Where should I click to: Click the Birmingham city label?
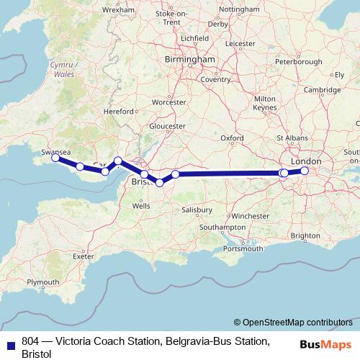[190, 59]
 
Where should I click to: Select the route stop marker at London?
[305, 171]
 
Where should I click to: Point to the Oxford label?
[232, 138]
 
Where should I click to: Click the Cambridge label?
[322, 89]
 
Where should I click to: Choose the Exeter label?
[84, 256]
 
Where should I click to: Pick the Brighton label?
[305, 235]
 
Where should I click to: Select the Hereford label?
[120, 112]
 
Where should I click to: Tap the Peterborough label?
[298, 62]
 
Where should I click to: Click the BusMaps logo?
[325, 343]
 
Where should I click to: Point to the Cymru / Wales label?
[64, 68]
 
